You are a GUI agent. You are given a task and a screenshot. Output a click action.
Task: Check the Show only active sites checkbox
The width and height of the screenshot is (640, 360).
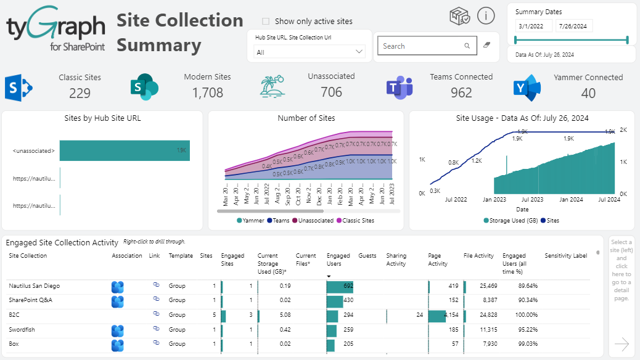(266, 22)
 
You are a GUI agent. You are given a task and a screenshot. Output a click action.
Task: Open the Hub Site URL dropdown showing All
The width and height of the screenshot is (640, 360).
(310, 52)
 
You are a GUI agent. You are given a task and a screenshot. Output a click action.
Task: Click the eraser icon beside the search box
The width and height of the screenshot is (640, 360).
(486, 46)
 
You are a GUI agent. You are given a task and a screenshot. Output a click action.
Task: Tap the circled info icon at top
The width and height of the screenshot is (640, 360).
(486, 16)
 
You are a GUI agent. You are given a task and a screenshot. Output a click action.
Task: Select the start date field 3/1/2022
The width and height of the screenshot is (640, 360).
(533, 26)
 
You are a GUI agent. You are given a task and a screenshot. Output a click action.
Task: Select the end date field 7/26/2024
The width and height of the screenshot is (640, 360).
(574, 26)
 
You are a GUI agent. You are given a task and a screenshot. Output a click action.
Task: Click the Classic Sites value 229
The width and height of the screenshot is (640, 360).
(80, 93)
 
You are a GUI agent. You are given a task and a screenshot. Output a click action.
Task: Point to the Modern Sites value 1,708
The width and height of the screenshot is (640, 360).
(207, 93)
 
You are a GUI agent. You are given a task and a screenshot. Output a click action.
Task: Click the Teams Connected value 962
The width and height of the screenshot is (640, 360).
(461, 93)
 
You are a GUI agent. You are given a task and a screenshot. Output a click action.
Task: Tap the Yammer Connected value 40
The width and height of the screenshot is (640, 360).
(588, 93)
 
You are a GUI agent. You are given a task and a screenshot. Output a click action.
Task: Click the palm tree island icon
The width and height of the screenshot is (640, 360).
(273, 87)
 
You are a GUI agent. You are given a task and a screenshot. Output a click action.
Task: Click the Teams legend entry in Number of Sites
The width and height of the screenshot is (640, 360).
(279, 220)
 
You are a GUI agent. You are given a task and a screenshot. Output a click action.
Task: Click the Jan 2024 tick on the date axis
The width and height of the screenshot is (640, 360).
(572, 200)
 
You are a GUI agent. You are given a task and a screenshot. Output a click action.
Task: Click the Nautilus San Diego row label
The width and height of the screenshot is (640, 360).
(34, 286)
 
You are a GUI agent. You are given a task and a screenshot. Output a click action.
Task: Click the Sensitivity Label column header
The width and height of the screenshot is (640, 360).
(565, 256)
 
